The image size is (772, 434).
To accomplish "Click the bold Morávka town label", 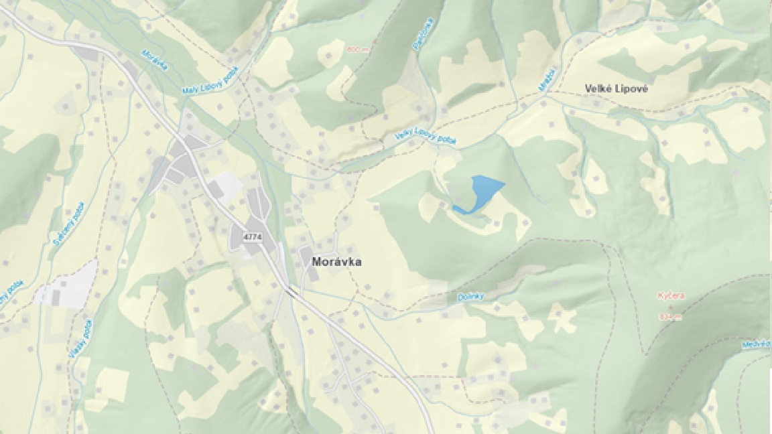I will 336,262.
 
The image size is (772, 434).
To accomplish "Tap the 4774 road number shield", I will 253,237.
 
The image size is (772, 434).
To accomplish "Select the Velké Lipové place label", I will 616,88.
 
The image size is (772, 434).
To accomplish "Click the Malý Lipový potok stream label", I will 210,80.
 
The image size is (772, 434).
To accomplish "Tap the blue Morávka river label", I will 155,60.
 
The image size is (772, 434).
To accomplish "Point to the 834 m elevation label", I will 670,317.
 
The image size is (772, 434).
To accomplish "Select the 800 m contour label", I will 357,49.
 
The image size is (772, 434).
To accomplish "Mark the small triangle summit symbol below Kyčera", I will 669,306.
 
